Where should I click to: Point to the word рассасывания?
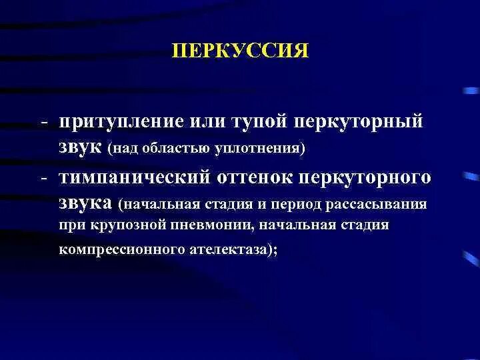point(387,203)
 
